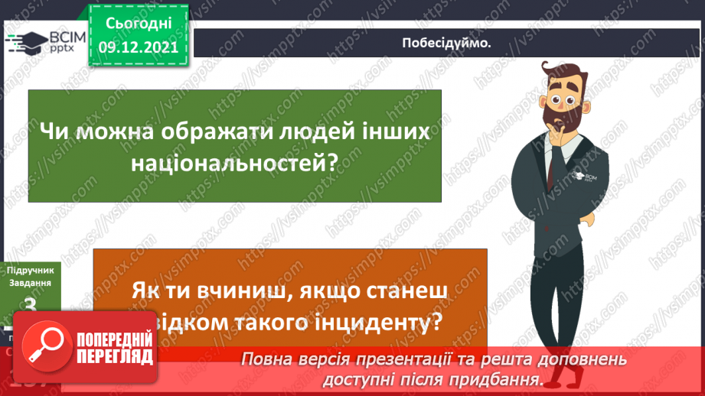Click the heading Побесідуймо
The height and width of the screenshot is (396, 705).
[446, 43]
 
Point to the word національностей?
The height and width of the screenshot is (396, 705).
[235, 162]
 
